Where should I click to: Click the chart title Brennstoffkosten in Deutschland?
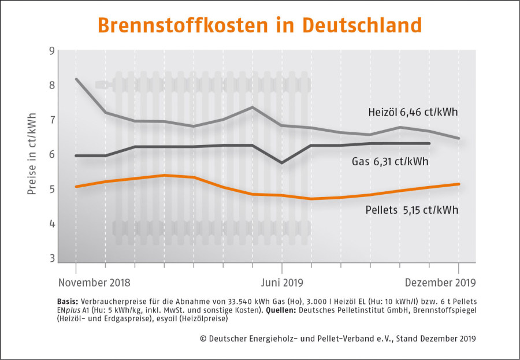tap(259, 25)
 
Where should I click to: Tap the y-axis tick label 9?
tap(52, 51)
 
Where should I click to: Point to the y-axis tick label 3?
tap(52, 258)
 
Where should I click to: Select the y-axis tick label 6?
tap(52, 155)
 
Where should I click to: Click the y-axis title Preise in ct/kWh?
tap(32, 154)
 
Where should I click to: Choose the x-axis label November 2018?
tap(94, 283)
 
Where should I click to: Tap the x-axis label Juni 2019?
tap(282, 283)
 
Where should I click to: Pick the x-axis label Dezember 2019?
tap(440, 283)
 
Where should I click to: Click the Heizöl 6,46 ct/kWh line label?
tap(413, 112)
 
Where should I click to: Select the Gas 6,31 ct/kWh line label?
tap(390, 162)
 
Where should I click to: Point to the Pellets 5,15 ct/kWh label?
tap(412, 210)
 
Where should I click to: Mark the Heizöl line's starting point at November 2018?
tap(76, 79)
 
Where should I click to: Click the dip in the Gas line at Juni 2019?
tap(282, 162)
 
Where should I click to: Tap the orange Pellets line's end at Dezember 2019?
tap(459, 184)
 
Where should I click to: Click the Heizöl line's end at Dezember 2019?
tap(459, 138)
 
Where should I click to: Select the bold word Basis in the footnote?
tap(68, 302)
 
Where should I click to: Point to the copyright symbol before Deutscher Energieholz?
tap(203, 339)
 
